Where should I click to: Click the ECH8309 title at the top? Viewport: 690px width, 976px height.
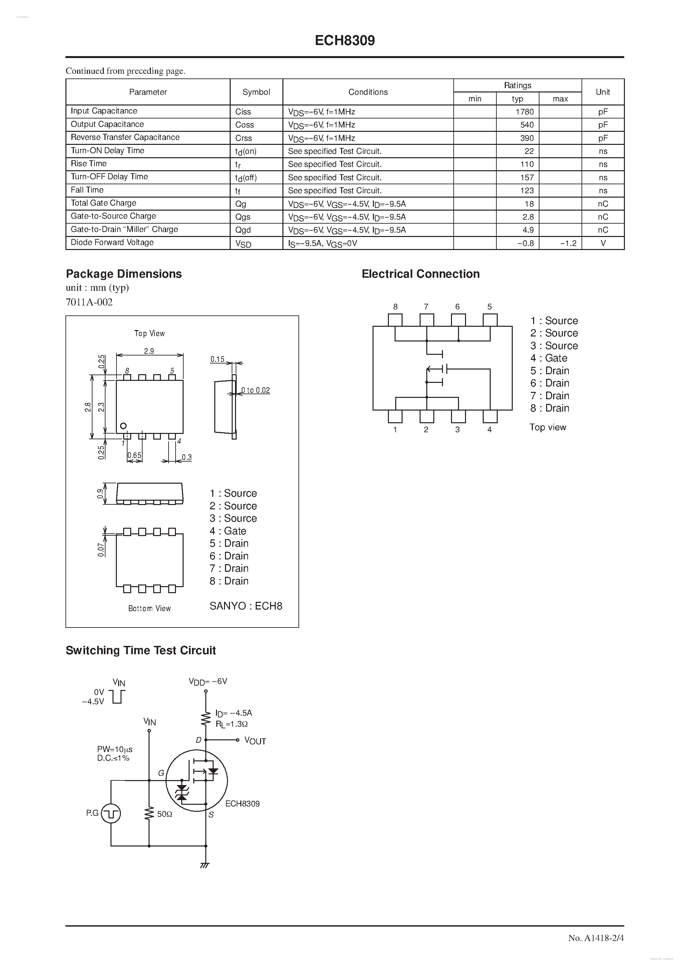(345, 40)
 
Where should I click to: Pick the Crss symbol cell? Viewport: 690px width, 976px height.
(244, 138)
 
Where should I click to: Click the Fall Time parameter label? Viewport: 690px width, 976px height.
(87, 190)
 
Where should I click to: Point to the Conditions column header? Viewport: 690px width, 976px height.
(368, 92)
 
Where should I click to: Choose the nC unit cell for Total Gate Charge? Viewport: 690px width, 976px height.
(603, 204)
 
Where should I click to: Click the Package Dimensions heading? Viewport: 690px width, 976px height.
(124, 274)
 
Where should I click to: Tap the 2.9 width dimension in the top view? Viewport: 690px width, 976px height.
(149, 351)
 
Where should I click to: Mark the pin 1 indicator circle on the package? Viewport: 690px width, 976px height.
(123, 426)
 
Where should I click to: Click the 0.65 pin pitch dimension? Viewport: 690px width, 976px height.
(134, 455)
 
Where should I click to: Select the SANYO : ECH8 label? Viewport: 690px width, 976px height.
(246, 606)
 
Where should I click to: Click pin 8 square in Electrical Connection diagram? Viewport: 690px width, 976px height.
(395, 320)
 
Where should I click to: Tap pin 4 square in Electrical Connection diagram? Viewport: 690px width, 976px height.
(490, 416)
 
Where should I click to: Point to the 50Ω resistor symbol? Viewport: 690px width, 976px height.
(149, 814)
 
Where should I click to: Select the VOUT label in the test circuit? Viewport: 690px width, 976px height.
(255, 741)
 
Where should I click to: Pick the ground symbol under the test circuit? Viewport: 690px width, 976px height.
(205, 865)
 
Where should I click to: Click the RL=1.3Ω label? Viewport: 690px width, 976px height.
(232, 724)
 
